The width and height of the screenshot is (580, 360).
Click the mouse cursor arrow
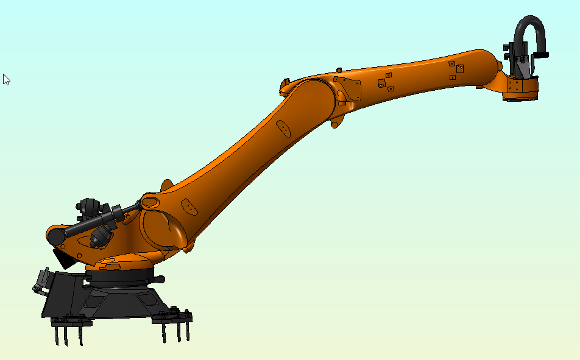point(6,79)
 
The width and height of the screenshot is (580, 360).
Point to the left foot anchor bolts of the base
point(68,329)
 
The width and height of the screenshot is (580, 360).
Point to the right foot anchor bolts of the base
point(175,326)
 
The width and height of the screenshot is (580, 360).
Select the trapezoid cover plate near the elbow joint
point(349,89)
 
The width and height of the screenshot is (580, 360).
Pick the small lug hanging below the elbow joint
point(335,124)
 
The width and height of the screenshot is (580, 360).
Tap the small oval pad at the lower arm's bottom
point(190,207)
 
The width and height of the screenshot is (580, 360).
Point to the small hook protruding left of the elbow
point(285,81)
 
